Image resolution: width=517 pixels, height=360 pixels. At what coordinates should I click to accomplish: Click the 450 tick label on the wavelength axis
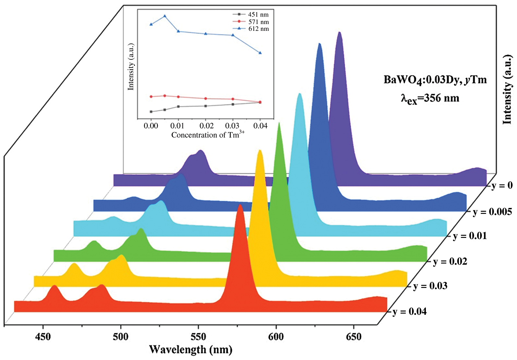[43, 337]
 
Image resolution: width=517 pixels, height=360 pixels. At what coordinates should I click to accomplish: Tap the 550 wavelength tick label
[198, 337]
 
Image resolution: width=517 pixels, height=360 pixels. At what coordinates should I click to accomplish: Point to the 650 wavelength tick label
[354, 337]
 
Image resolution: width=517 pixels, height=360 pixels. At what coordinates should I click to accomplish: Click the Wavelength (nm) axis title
[191, 350]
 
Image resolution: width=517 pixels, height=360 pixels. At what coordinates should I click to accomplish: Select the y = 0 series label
[502, 185]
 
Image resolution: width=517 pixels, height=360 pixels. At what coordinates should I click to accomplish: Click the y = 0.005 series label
[492, 212]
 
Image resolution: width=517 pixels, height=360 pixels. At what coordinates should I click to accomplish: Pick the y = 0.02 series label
[450, 261]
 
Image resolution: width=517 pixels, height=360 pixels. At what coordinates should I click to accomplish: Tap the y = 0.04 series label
[410, 312]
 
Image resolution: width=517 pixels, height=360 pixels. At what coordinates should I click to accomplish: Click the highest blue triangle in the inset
[165, 16]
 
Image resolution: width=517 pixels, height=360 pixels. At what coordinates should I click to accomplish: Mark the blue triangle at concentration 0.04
[260, 53]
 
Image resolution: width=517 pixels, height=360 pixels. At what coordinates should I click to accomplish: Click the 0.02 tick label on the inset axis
[206, 126]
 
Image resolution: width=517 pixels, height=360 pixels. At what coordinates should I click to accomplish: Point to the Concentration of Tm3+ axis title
[208, 135]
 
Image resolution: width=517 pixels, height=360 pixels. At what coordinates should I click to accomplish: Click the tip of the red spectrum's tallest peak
[240, 205]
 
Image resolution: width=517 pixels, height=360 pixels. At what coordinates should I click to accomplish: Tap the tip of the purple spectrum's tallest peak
[339, 32]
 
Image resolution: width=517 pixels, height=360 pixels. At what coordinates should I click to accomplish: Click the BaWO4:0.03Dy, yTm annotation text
[435, 80]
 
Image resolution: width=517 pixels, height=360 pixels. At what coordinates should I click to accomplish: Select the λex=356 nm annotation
[430, 98]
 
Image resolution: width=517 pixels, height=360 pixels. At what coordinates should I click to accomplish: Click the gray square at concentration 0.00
[151, 112]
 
